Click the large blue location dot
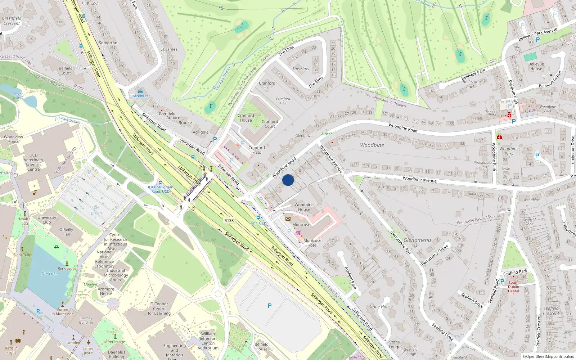[288, 180]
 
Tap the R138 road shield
[229, 221]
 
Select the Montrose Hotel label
[312, 243]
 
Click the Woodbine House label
[304, 207]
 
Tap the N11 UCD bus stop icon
[258, 218]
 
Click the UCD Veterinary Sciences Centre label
[33, 162]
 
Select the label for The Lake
[49, 274]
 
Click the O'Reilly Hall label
[66, 232]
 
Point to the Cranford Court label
[270, 124]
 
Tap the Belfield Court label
[66, 71]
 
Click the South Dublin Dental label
[513, 287]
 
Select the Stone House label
[381, 307]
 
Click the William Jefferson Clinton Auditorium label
[208, 341]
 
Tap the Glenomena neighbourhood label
[417, 240]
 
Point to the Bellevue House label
[536, 67]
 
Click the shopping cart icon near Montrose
[298, 233]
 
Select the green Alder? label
[326, 134]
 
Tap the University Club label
[47, 220]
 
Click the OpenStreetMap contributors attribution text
[548, 356]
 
